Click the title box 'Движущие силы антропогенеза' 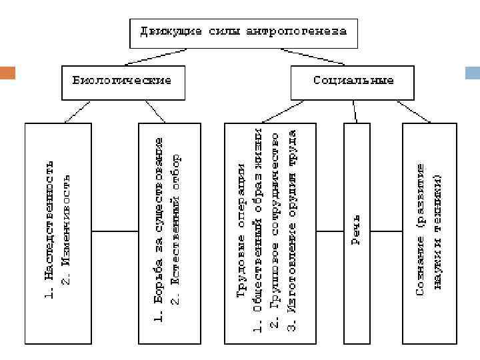(243, 32)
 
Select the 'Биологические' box (122, 81)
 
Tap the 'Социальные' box (353, 81)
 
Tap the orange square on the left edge (7, 71)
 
